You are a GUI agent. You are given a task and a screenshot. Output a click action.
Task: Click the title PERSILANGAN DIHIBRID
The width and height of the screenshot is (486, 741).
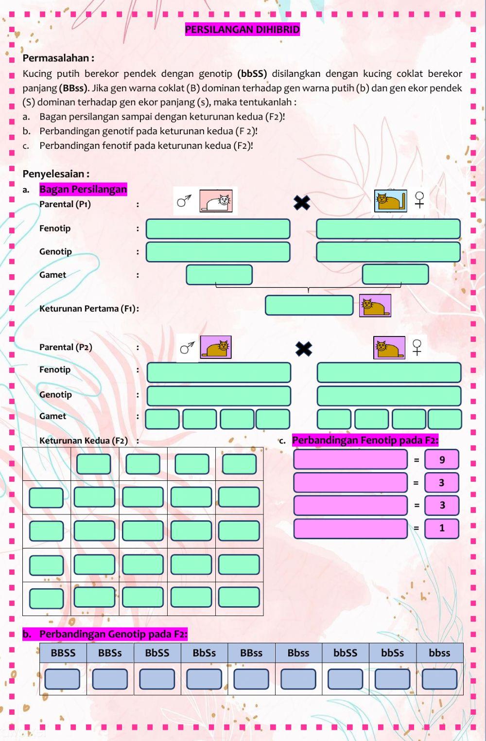click(x=242, y=30)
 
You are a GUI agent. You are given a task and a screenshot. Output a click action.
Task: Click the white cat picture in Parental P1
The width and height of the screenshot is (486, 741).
click(x=216, y=201)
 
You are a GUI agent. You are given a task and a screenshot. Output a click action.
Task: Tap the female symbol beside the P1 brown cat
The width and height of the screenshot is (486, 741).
click(x=419, y=200)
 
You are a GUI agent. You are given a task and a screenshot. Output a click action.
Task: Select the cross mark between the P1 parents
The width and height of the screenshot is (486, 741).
click(x=302, y=203)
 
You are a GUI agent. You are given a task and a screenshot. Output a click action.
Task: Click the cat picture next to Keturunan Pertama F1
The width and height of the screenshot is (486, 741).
click(x=375, y=306)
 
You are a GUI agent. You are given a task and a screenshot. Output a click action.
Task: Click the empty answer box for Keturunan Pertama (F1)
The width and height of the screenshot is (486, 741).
click(x=309, y=305)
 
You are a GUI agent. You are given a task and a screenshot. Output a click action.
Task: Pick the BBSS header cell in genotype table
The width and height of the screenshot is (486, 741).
click(x=63, y=653)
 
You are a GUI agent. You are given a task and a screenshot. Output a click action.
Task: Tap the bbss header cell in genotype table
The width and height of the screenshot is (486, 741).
click(x=439, y=653)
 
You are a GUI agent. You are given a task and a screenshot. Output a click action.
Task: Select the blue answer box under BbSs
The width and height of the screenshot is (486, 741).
click(x=204, y=679)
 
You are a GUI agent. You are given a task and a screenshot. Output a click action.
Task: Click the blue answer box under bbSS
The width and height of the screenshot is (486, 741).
click(x=345, y=679)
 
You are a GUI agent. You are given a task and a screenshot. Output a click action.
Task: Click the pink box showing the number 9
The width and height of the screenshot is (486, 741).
click(x=441, y=460)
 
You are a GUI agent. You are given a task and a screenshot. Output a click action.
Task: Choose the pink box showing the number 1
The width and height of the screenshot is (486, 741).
click(x=441, y=528)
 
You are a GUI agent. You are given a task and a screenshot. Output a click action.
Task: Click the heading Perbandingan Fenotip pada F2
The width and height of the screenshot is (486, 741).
click(x=365, y=441)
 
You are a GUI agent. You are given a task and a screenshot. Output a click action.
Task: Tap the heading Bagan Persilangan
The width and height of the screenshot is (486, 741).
click(x=83, y=189)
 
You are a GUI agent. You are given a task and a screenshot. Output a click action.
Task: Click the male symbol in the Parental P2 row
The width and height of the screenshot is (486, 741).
click(x=187, y=348)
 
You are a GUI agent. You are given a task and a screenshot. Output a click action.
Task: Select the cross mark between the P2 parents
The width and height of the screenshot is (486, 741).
click(x=304, y=349)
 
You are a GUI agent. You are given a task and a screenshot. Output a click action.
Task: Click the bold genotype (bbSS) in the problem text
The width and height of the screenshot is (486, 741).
click(x=252, y=74)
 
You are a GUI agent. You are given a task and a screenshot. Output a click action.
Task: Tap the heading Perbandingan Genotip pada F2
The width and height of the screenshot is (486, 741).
click(x=113, y=634)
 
